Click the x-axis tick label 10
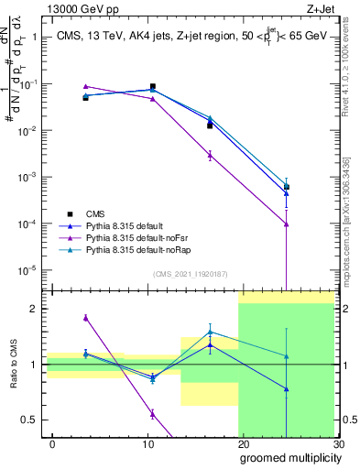[147, 442]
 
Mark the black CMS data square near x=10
[152, 86]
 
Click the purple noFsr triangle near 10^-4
[287, 224]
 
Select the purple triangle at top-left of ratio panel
[85, 318]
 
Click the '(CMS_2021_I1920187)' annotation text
[191, 272]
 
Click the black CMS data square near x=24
[287, 187]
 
